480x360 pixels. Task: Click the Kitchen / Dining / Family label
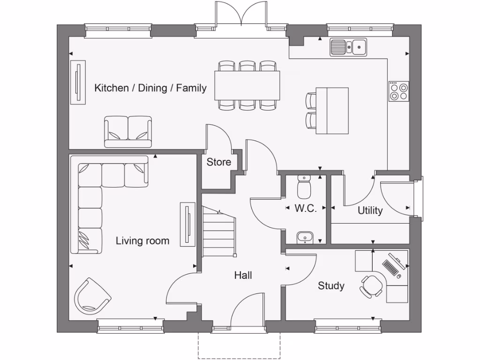(150, 88)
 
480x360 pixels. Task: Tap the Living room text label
(142, 241)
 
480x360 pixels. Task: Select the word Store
(219, 162)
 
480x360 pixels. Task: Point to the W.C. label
(306, 209)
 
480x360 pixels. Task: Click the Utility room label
(370, 211)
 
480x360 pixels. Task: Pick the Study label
(331, 286)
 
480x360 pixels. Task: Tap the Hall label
(243, 275)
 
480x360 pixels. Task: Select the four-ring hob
(398, 91)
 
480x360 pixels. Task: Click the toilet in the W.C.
(304, 187)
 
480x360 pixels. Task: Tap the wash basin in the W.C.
(306, 238)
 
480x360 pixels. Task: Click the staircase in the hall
(218, 231)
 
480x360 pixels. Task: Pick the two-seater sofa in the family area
(128, 131)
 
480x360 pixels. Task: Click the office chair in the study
(371, 285)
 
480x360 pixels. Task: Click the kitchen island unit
(332, 111)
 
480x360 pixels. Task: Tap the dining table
(247, 85)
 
